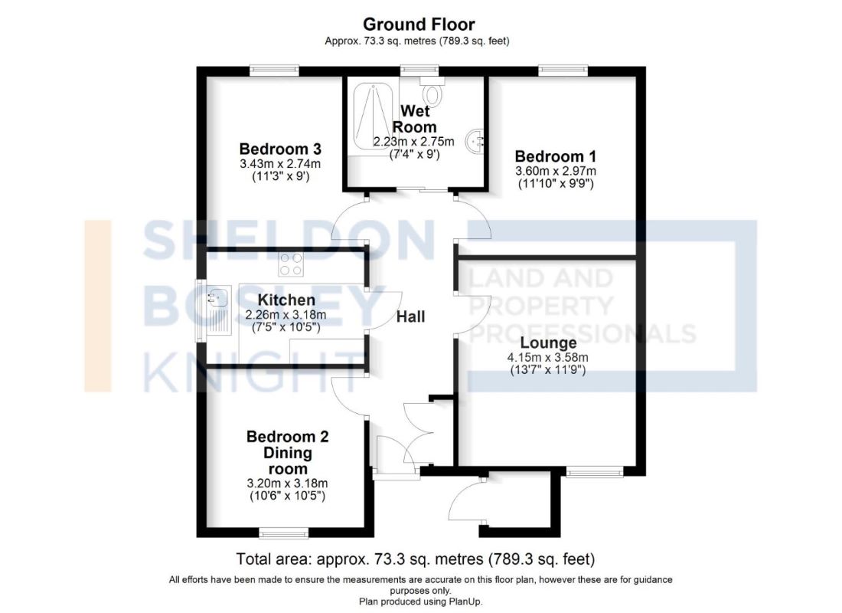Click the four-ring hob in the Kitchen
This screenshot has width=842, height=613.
290,264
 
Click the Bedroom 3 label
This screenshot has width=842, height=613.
279,149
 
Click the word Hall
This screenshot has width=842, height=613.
411,316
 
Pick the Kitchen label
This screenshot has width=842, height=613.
286,300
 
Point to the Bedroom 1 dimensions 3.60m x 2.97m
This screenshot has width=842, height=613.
555,171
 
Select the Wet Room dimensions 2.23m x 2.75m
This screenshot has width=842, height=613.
413,142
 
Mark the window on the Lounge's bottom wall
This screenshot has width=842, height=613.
595,471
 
